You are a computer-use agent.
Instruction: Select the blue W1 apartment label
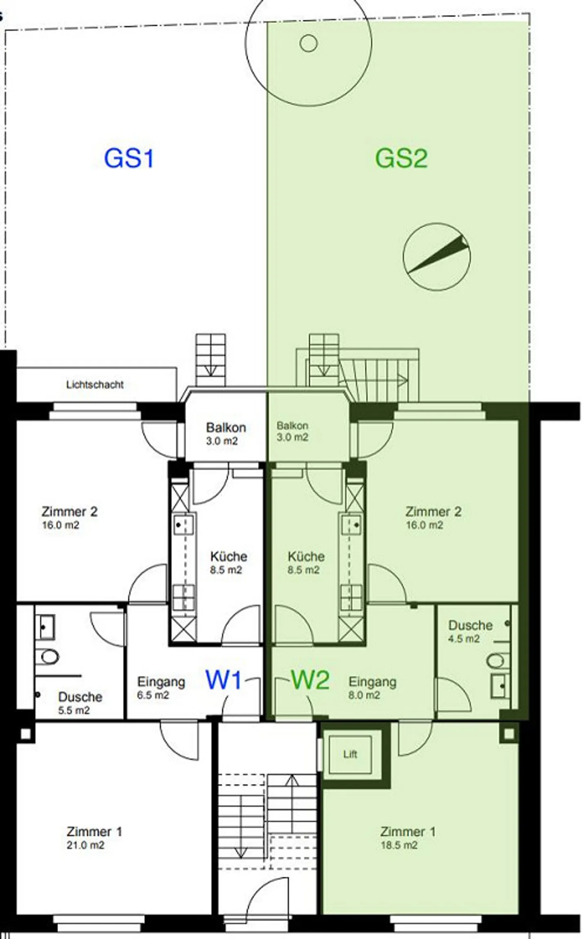pos(224,680)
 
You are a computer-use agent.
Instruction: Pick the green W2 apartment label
pos(310,680)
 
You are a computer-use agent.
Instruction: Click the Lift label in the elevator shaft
pos(350,754)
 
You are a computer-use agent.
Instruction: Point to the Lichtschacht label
pos(95,384)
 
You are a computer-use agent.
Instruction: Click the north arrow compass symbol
pos(437,256)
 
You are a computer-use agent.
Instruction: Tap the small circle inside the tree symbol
pos(309,42)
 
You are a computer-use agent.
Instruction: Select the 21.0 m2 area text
pos(85,845)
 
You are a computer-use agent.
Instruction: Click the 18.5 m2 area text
pos(399,845)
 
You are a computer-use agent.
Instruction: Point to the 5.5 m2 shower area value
pos(73,710)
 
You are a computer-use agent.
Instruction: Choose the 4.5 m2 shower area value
pos(464,638)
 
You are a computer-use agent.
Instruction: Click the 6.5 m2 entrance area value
pos(153,695)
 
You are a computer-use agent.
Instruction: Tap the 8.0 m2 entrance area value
pos(364,695)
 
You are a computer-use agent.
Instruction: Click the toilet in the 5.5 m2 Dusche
pos(47,657)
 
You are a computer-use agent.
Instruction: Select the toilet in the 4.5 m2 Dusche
pos(498,661)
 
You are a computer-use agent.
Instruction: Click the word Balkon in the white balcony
pos(226,428)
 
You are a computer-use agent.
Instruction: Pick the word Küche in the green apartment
pos(306,556)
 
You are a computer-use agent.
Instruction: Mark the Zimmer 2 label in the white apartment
pos(69,511)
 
